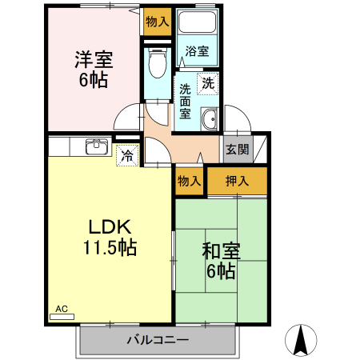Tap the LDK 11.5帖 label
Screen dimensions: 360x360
(x=110, y=236)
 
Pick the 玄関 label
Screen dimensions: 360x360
(x=237, y=149)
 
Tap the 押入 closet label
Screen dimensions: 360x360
(x=237, y=181)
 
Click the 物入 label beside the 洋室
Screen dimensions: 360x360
(x=158, y=22)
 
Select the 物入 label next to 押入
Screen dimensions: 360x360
(x=190, y=181)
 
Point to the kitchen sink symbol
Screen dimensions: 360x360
(x=97, y=146)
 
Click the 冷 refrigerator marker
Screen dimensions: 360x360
(x=127, y=155)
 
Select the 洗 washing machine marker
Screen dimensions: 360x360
(x=207, y=83)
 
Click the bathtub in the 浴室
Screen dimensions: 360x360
(x=197, y=25)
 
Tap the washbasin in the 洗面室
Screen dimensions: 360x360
(x=210, y=120)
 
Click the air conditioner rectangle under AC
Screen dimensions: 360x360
(x=62, y=317)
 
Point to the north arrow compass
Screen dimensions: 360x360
(x=302, y=339)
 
